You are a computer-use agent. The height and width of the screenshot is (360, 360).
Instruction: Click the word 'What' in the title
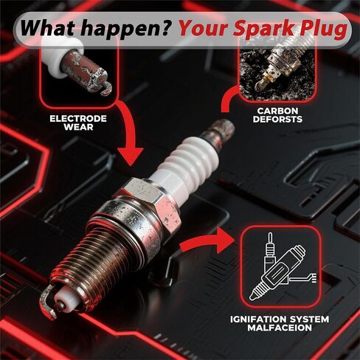(x=49, y=28)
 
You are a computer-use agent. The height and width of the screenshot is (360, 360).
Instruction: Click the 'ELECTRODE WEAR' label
(x=77, y=122)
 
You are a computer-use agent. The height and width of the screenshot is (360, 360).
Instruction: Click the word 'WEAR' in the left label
(x=77, y=127)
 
